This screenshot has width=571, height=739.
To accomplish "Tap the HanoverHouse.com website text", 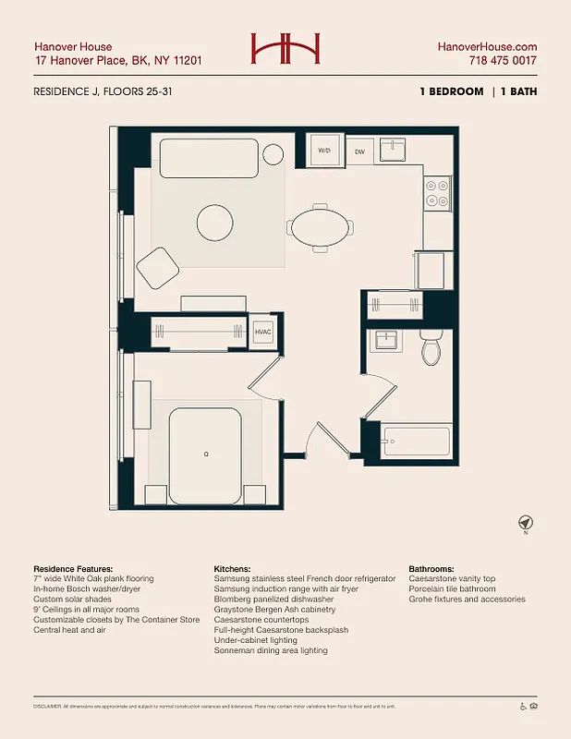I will coord(487,46).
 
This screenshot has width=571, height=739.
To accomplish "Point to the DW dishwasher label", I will coord(359,151).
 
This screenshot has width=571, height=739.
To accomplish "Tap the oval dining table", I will coord(321,226).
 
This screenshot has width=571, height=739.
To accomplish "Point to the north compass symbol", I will coord(526,523).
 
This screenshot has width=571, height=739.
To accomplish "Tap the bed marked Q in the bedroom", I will coord(205,453).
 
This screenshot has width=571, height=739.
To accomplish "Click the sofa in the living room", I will coord(209,158).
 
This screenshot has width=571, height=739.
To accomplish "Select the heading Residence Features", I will coord(73,568).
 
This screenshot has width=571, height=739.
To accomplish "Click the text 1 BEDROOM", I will coord(451,91).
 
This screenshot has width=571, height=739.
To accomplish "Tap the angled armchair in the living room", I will coord(158,266).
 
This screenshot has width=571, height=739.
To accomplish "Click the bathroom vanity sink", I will coord(384,342).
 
